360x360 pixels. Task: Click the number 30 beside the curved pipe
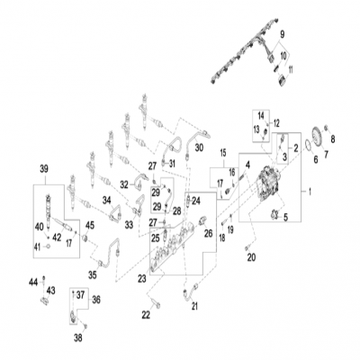[200, 146]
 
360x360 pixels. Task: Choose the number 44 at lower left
[34, 282]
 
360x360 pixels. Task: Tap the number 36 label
[97, 300]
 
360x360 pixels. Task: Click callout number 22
[145, 314]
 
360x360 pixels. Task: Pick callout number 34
[105, 199]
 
